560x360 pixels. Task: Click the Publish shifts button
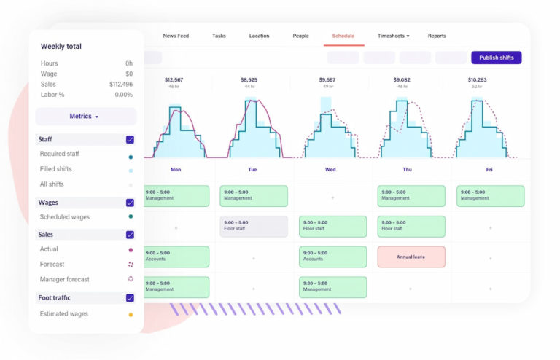tap(496, 58)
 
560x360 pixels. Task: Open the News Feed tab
tap(176, 36)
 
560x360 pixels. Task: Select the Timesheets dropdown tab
tap(393, 36)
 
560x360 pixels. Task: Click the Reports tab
tap(437, 36)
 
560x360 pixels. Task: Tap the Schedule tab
tap(343, 36)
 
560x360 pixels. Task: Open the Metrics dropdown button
tap(85, 117)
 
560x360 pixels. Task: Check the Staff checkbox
tap(130, 139)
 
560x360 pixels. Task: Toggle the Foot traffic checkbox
tap(130, 297)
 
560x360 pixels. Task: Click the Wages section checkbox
tap(130, 203)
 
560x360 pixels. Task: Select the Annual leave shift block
tap(411, 257)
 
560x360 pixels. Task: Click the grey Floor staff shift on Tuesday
tap(254, 226)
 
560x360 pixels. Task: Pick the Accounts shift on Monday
tap(176, 257)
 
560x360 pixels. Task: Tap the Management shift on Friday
tap(490, 195)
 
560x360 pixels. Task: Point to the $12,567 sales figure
tap(174, 79)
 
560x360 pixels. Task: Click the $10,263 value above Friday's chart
tap(477, 79)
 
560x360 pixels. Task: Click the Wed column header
tap(330, 169)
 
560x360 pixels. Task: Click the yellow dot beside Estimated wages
tap(131, 315)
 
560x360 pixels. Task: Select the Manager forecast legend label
tap(65, 279)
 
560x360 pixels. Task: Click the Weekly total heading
tap(61, 47)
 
